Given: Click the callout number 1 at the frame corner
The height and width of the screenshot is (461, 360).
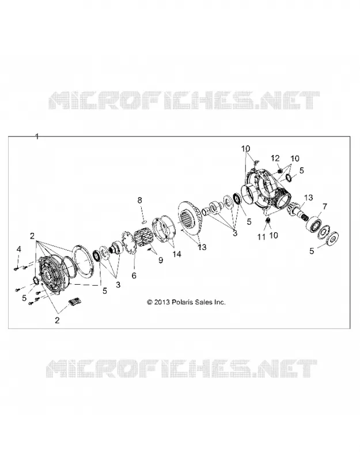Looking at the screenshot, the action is coord(37,137).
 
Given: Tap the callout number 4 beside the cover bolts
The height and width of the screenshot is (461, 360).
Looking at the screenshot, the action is coord(19,250).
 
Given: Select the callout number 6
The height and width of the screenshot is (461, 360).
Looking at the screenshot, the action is coord(134,275).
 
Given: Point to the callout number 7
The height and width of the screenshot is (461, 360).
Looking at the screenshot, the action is coord(324,207).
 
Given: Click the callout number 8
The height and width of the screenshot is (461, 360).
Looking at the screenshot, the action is coord(139,201).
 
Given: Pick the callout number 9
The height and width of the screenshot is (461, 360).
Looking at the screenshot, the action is coord(161,260).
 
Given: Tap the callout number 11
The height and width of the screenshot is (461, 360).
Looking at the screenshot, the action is coord(262,236).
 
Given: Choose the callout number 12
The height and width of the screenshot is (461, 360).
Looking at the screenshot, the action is coord(275,158).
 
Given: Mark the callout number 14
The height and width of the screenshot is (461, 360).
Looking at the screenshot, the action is coord(177,254).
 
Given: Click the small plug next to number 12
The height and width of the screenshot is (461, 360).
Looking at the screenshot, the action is coord(281,170).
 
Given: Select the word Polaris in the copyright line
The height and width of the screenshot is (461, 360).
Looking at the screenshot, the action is coord(181,302).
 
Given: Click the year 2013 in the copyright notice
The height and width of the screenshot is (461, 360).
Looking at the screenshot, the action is coord(162,302).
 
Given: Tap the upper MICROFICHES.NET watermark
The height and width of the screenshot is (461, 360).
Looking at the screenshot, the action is coord(184,100).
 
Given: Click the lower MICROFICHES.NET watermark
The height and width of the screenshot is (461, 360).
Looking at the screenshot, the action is coord(181,368).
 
